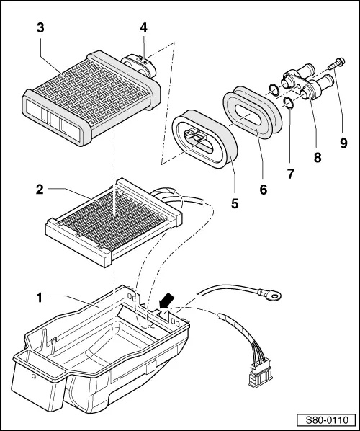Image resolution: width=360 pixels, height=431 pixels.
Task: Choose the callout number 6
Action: tap(264, 188)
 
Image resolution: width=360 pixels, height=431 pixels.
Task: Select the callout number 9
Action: tap(343, 143)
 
